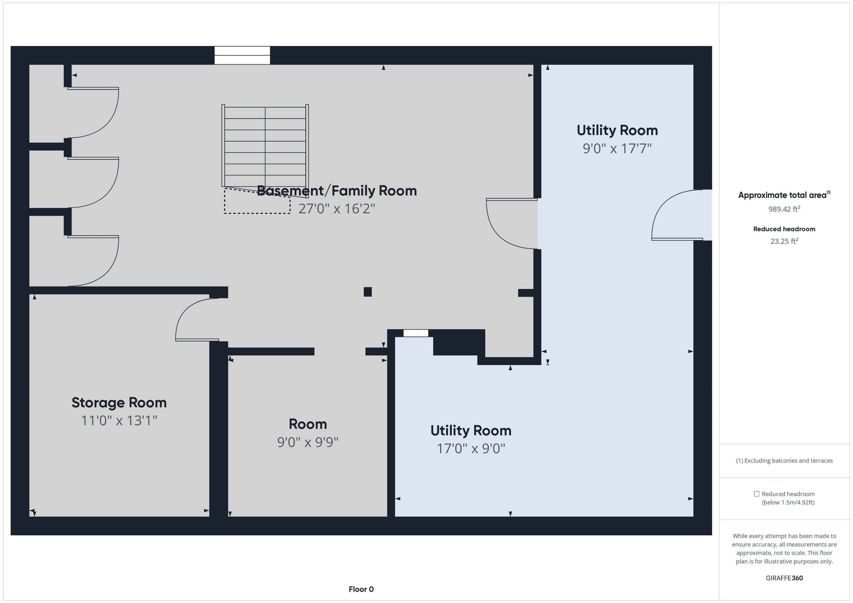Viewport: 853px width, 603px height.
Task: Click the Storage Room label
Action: tap(119, 402)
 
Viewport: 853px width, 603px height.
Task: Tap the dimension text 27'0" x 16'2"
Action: tap(337, 209)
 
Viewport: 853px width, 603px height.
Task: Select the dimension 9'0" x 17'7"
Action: tap(617, 148)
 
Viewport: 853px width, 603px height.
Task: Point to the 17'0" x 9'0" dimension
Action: tap(471, 448)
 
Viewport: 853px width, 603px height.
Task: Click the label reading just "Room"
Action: tap(308, 424)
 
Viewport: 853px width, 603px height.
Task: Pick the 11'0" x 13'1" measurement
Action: tap(119, 421)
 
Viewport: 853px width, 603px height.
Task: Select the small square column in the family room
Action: tap(367, 292)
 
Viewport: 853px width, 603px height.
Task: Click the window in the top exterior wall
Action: tap(242, 55)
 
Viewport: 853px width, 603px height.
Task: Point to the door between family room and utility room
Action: tap(511, 224)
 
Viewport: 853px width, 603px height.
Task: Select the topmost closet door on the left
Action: tap(93, 112)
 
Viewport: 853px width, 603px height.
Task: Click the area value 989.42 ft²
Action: tap(784, 209)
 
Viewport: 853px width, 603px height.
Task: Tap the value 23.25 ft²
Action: tap(784, 241)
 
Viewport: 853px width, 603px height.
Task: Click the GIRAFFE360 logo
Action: tap(784, 578)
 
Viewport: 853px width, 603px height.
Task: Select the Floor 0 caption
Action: tap(361, 589)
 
